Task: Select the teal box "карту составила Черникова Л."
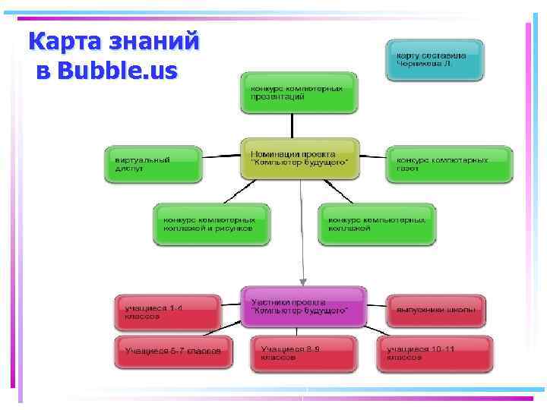pyautogui.click(x=435, y=60)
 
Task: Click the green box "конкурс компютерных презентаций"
pyautogui.click(x=299, y=93)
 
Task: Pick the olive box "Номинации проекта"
pyautogui.click(x=300, y=158)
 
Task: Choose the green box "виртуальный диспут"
pyautogui.click(x=153, y=164)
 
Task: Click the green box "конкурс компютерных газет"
pyautogui.click(x=450, y=164)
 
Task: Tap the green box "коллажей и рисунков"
pyautogui.click(x=212, y=224)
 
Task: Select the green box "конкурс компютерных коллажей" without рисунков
pyautogui.click(x=377, y=224)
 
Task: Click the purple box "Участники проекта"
pyautogui.click(x=303, y=307)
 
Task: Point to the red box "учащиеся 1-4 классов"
pyautogui.click(x=167, y=311)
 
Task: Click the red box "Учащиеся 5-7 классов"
pyautogui.click(x=173, y=352)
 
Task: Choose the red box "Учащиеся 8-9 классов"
pyautogui.click(x=302, y=353)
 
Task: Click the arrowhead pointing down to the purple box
pyautogui.click(x=303, y=282)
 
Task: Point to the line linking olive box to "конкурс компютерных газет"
pyautogui.click(x=372, y=157)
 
